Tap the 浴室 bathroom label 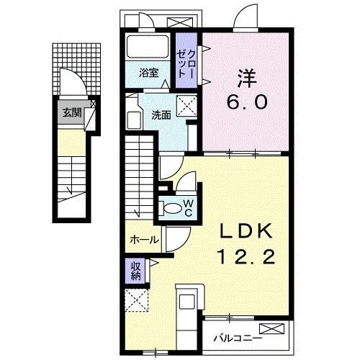pos(148,72)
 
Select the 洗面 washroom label pos(160,114)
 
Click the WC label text pos(187,207)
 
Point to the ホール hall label pos(143,240)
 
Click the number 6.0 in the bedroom pos(247,102)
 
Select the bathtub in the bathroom pos(148,48)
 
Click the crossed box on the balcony pos(274,329)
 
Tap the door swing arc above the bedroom pos(246,18)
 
